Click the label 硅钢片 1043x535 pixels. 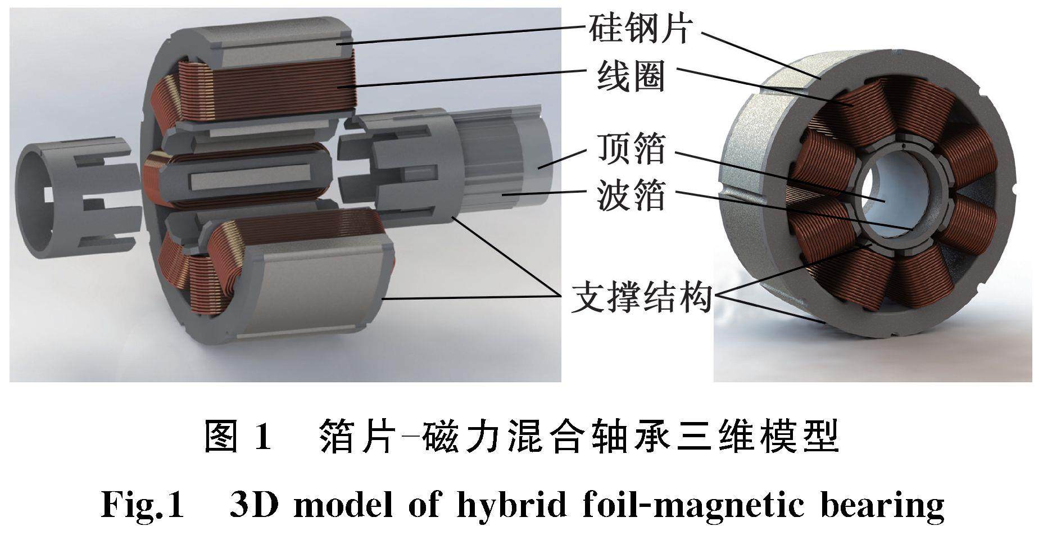tap(639, 28)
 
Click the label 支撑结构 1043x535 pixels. tap(641, 297)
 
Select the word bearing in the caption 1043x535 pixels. tap(882, 505)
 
